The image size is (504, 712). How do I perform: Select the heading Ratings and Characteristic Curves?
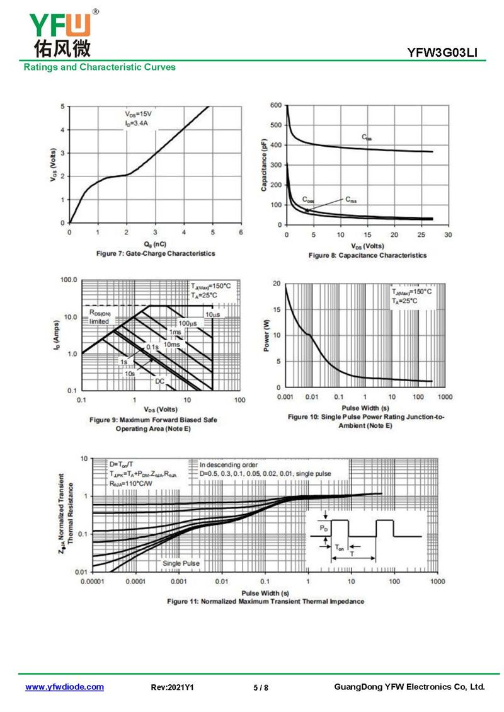click(100, 67)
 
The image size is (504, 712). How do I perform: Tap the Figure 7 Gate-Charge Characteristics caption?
click(155, 253)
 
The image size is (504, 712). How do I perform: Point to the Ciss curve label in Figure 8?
click(367, 137)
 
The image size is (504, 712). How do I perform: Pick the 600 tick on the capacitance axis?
click(275, 106)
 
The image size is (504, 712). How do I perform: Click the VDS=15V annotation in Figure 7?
click(138, 114)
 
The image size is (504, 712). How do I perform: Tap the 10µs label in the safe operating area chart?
click(212, 314)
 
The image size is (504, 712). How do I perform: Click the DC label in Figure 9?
click(159, 381)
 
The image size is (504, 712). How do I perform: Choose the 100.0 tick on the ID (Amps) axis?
click(67, 279)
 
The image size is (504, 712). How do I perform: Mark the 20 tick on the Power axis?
click(276, 284)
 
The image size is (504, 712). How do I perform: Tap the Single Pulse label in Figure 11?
click(181, 563)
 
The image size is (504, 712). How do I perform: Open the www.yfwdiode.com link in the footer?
click(64, 687)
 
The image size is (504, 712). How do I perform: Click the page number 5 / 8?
click(260, 687)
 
